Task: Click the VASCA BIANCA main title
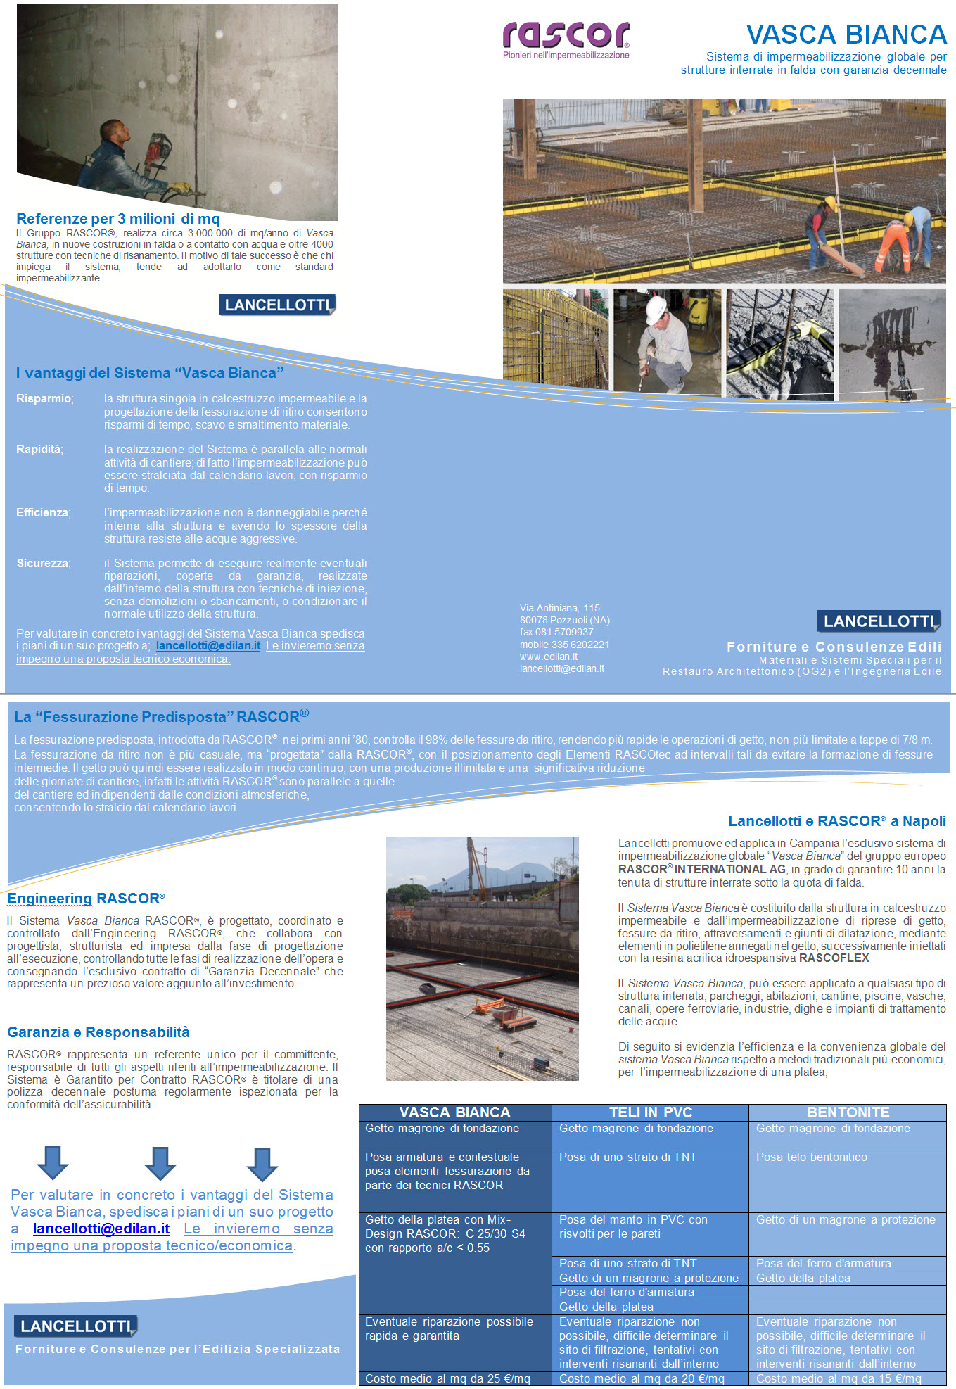point(846,34)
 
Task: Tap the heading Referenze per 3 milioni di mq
point(118,219)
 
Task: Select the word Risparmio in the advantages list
point(44,399)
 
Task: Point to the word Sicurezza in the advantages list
point(42,564)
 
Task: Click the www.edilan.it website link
point(548,657)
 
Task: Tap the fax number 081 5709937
point(556,632)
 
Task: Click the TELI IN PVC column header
point(650,1112)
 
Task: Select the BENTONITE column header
point(848,1112)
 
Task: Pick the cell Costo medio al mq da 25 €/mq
point(447,1378)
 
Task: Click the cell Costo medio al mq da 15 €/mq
point(839,1378)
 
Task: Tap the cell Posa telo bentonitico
point(811,1157)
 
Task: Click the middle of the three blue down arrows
point(160,1163)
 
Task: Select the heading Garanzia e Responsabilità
point(98,1032)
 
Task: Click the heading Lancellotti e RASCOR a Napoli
point(836,821)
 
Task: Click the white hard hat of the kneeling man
point(656,307)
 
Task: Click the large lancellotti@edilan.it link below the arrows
point(101,1229)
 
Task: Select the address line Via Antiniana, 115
point(559,608)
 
